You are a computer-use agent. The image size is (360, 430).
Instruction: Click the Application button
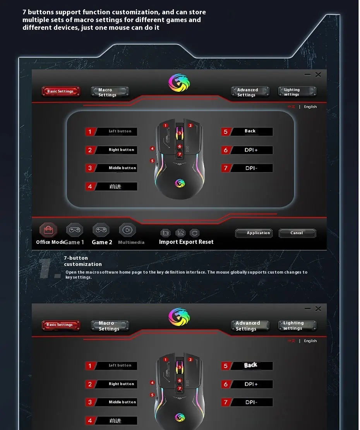point(254,233)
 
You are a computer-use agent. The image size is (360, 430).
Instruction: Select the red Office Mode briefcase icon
point(48,230)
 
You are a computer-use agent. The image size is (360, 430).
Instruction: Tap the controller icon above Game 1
point(74,230)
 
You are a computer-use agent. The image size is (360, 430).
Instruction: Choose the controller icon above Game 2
point(101,230)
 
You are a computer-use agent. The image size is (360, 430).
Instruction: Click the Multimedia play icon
point(127,230)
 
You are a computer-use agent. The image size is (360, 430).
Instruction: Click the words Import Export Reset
point(186,242)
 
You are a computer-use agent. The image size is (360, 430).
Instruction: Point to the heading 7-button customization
point(83,261)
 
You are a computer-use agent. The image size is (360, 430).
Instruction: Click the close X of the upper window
point(318,75)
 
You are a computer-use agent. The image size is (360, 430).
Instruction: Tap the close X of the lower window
point(318,308)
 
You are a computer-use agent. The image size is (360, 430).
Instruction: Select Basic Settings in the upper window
point(61,91)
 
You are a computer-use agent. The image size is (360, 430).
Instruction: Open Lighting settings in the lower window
point(297,325)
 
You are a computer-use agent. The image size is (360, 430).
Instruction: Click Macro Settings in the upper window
point(110,92)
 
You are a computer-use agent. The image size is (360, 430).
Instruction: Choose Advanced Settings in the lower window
point(250,326)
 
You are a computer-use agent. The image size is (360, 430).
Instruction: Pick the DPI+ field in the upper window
point(251,150)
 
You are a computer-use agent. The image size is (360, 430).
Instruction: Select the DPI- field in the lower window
point(251,402)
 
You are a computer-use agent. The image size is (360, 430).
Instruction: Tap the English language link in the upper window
point(310,107)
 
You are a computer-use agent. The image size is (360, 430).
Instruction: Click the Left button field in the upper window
point(116,132)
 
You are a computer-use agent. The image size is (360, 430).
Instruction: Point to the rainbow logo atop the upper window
point(179,83)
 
